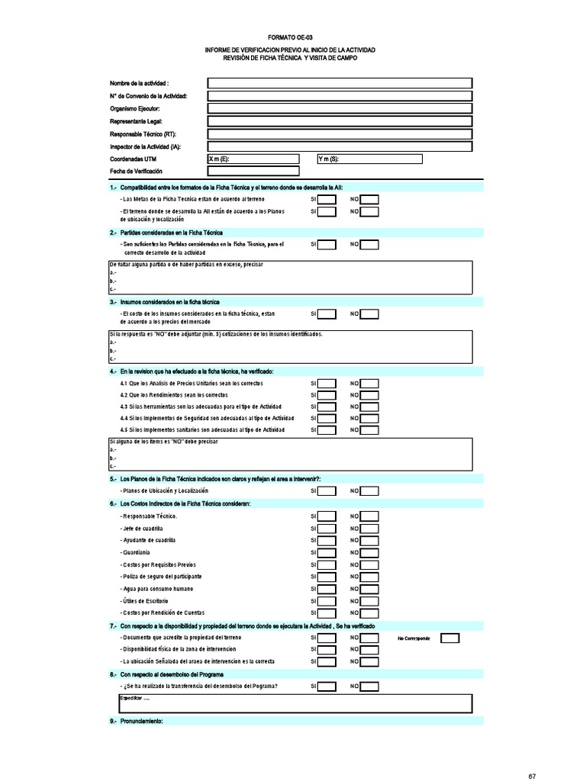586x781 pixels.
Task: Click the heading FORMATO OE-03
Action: tap(289, 37)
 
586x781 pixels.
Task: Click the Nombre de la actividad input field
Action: tap(339, 83)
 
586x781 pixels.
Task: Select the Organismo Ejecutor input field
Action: tap(339, 108)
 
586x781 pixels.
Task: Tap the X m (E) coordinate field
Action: tap(253, 159)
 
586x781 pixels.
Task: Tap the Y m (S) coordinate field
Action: tap(369, 159)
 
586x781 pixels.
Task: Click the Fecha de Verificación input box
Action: tap(253, 171)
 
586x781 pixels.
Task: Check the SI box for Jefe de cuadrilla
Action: tap(327, 529)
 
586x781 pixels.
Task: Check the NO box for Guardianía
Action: tap(369, 552)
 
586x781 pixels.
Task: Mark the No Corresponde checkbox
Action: tap(450, 638)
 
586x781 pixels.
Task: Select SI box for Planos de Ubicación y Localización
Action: tap(327, 491)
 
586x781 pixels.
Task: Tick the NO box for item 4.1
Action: tap(369, 383)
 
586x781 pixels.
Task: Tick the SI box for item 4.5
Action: tap(327, 430)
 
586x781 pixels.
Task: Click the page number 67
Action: tap(533, 776)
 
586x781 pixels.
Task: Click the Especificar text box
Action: tap(295, 702)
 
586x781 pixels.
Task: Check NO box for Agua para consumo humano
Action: tap(369, 589)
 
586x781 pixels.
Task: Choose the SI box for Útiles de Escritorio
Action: tap(327, 601)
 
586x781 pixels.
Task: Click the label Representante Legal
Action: tap(136, 121)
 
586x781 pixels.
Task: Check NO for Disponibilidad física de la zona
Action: tap(369, 650)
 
